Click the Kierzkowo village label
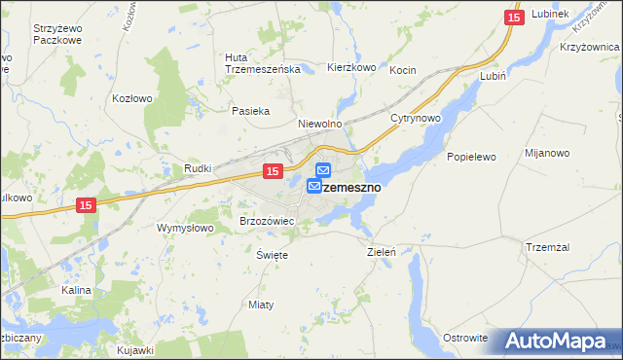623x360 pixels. pos(351,68)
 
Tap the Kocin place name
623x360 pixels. pos(403,71)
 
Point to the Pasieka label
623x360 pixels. pos(249,111)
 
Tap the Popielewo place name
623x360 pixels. pos(471,157)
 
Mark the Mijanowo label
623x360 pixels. pos(546,153)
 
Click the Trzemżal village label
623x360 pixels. pos(547,246)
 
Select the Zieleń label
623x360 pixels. pos(381,251)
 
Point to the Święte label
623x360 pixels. pos(272,254)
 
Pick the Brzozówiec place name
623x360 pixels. pos(267,222)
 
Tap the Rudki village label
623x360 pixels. pos(199,168)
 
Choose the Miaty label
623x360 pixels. pos(261,305)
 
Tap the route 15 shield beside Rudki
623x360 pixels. pos(273,171)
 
